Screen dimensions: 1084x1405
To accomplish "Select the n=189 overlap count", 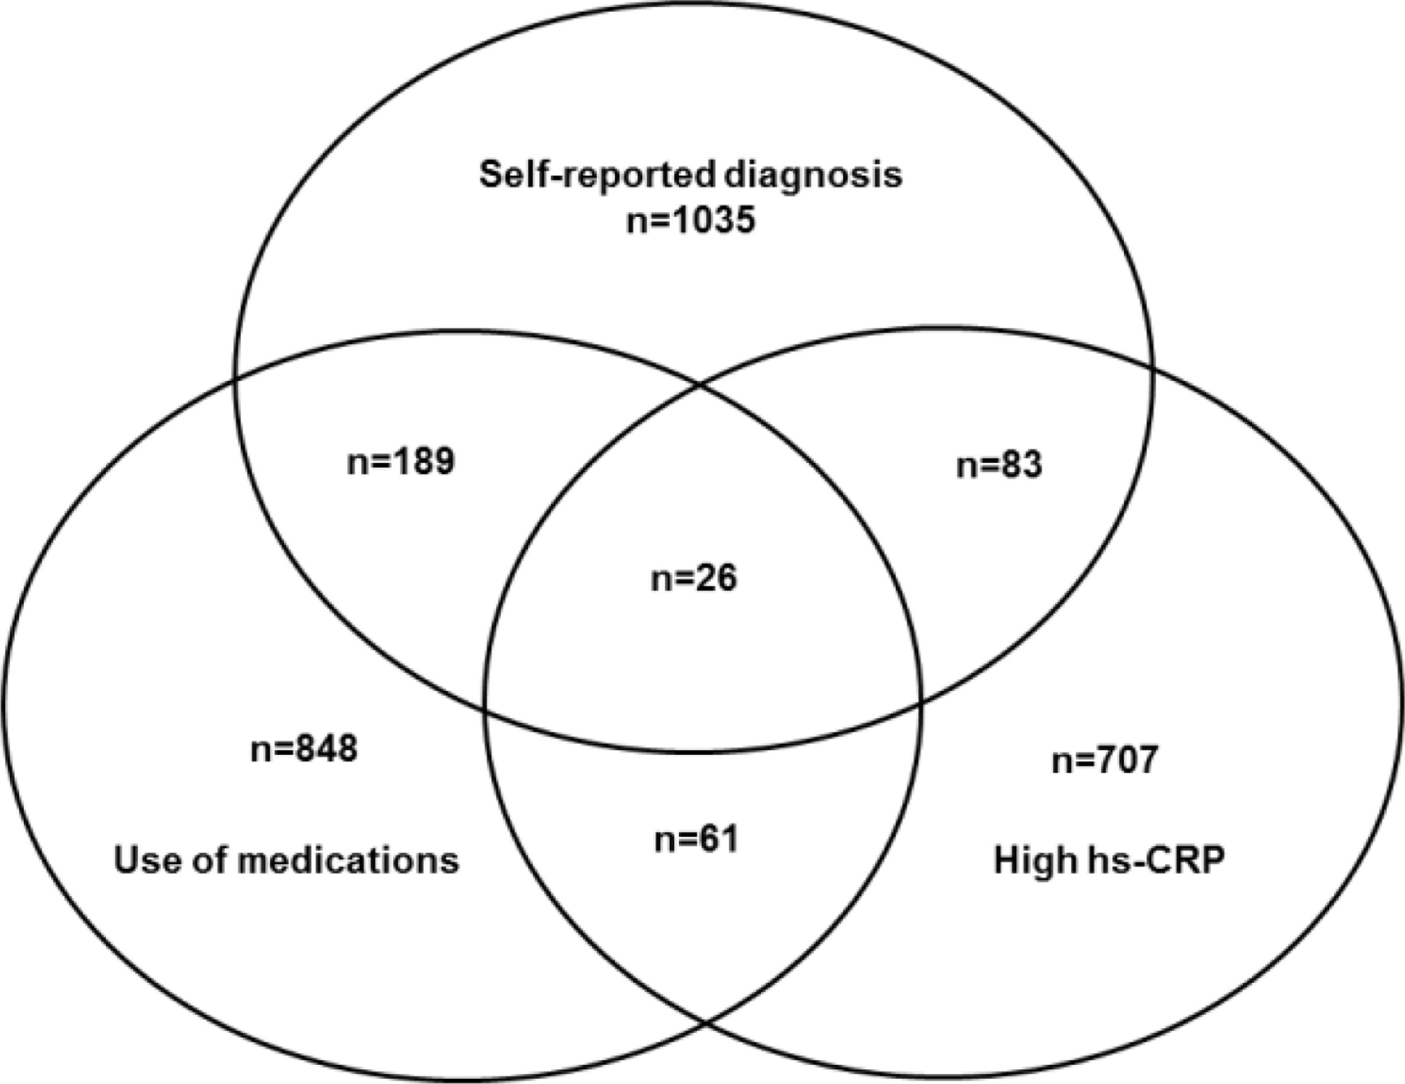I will pos(400,461).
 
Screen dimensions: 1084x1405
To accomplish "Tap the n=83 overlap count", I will pos(998,465).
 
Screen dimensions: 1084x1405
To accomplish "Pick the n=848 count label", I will pos(303,748).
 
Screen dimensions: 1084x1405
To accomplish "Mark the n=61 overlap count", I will pos(696,839).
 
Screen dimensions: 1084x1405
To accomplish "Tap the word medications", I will pos(348,861).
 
